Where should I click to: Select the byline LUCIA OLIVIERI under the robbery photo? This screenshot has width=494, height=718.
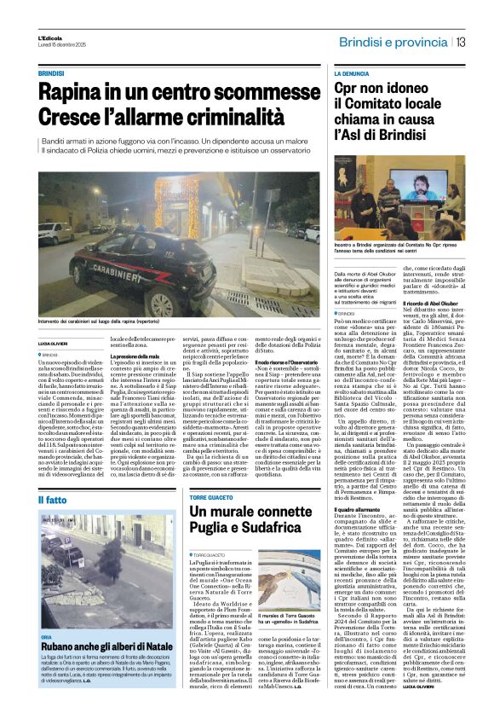tap(53, 343)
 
